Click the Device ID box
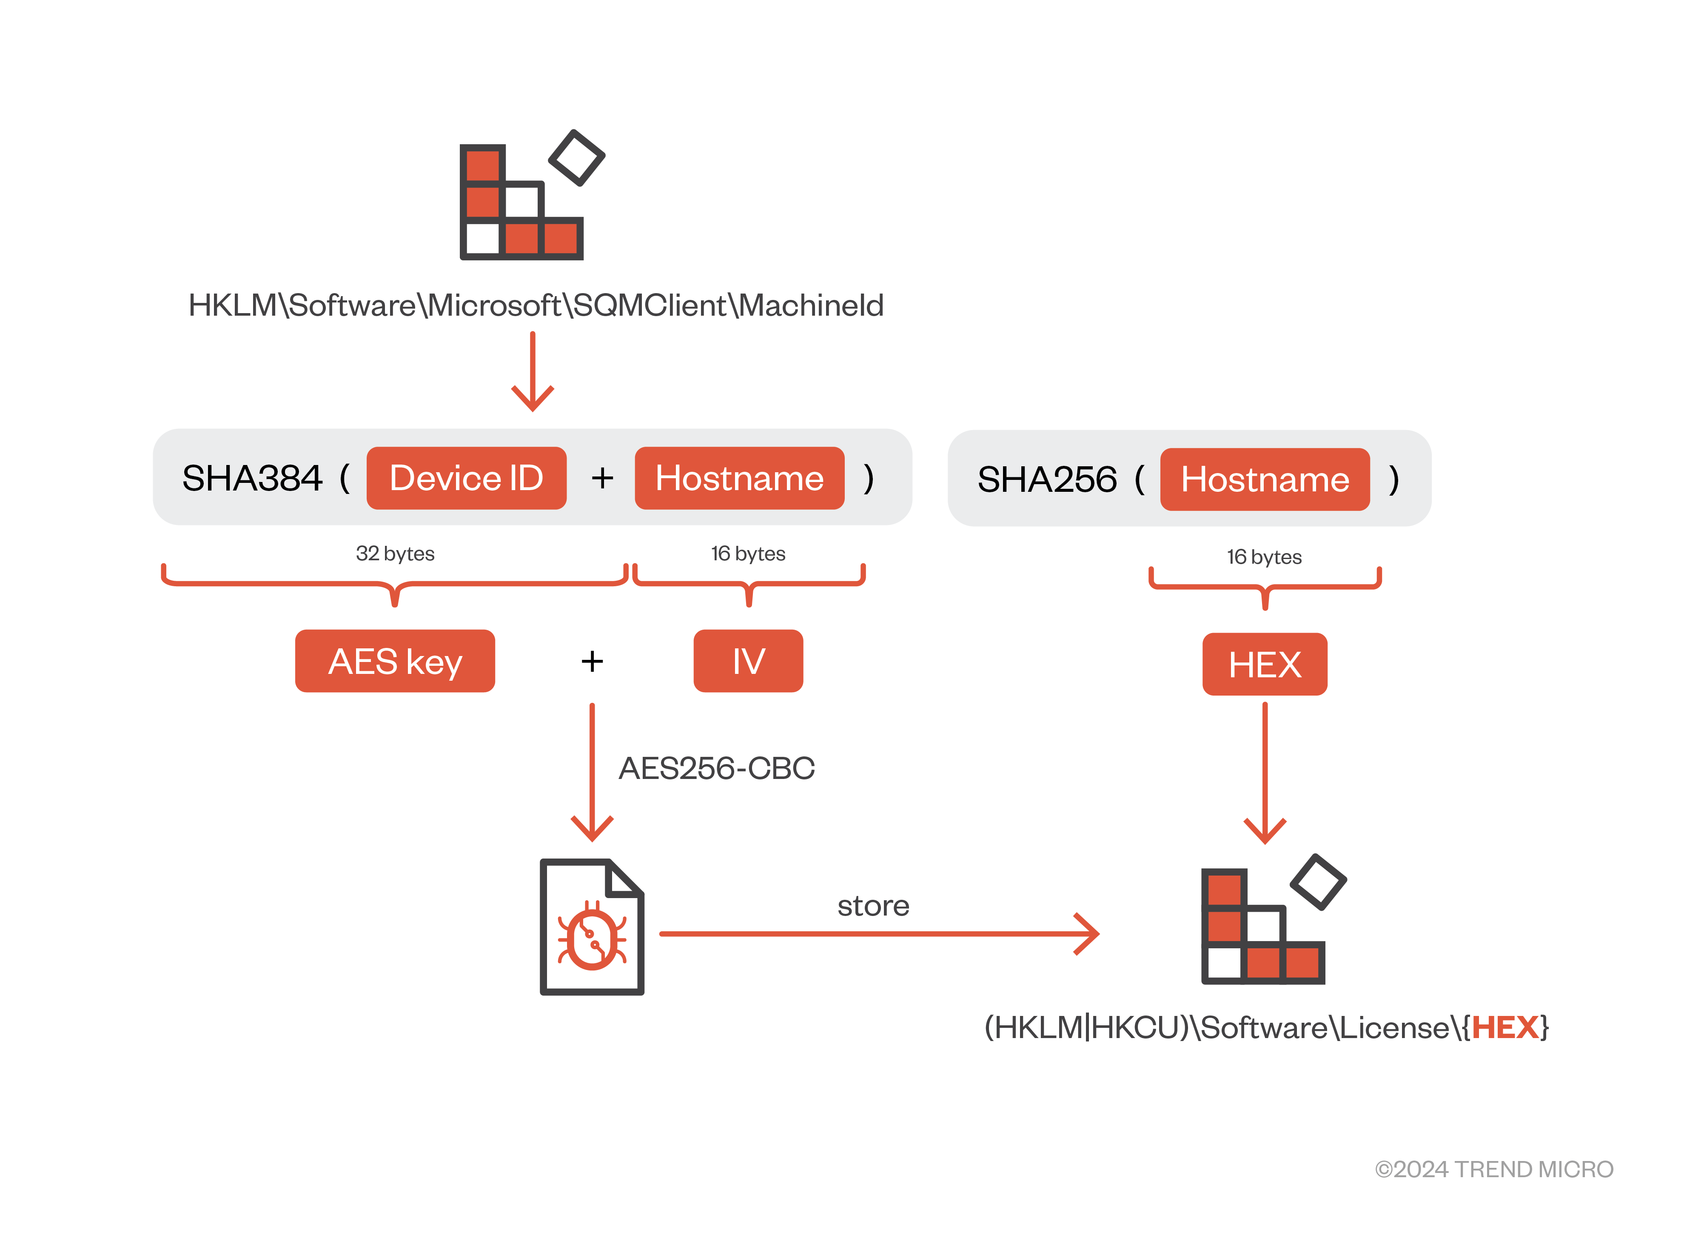coord(466,478)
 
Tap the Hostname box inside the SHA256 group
coord(1264,479)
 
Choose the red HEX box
coord(1264,664)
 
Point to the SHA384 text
coord(252,478)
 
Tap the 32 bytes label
coord(395,553)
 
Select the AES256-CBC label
coord(716,768)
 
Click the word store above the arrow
coord(873,905)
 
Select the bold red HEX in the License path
coord(1504,1027)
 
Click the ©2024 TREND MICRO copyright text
coord(1493,1169)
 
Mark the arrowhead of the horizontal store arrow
coord(1091,934)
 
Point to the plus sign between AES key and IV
coord(592,661)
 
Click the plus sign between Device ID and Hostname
coord(601,478)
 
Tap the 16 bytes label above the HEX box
coord(1264,556)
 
